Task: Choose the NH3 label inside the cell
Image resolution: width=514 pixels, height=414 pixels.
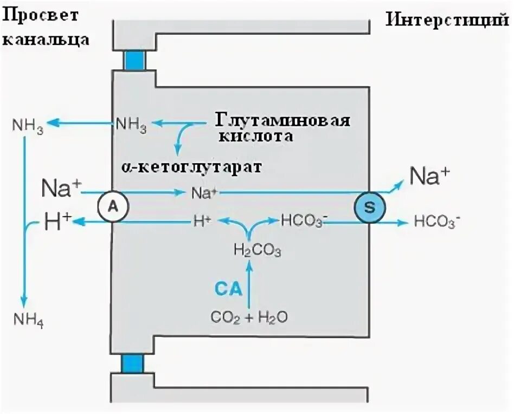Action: click(131, 126)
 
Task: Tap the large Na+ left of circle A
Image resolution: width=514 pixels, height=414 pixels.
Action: click(61, 189)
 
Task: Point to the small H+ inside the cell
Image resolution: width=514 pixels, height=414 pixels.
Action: click(202, 221)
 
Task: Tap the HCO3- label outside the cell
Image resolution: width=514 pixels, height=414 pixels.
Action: click(437, 221)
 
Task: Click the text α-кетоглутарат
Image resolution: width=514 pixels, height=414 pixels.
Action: click(191, 166)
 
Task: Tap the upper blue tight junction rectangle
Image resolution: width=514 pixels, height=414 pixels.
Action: click(134, 59)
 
